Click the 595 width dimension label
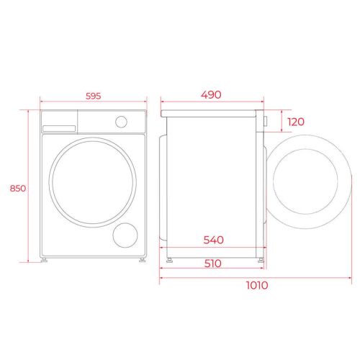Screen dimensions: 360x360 point(94,96)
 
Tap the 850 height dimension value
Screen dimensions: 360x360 point(18,189)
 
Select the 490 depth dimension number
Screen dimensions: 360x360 point(211,95)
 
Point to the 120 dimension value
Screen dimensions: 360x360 point(296,122)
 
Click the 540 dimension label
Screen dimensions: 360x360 point(214,240)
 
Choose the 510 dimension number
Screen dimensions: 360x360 point(213,264)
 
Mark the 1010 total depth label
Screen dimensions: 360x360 point(257,285)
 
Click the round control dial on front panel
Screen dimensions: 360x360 point(121,122)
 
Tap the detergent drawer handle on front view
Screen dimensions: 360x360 point(59,129)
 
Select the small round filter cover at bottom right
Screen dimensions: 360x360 point(125,235)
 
